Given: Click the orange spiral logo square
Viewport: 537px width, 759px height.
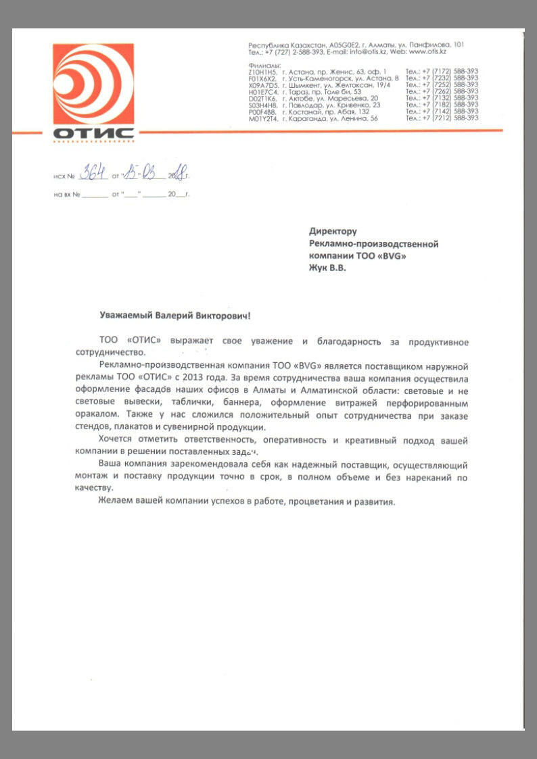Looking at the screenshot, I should pyautogui.click(x=93, y=84).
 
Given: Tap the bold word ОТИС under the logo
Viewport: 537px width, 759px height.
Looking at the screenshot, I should pyautogui.click(x=93, y=133).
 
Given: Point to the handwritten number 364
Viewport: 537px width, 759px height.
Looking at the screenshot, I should pyautogui.click(x=93, y=174).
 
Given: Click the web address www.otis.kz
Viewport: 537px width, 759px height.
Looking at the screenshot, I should pyautogui.click(x=427, y=51).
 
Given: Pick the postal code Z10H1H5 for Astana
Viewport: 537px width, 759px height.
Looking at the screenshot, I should pyautogui.click(x=263, y=71).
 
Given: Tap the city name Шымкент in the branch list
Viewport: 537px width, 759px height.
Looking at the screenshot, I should pyautogui.click(x=306, y=84).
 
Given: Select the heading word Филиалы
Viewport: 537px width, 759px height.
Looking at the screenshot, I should pyautogui.click(x=264, y=64).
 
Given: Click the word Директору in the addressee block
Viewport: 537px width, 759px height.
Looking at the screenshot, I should pyautogui.click(x=333, y=232).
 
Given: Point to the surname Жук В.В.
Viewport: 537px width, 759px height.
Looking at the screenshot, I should pyautogui.click(x=327, y=268).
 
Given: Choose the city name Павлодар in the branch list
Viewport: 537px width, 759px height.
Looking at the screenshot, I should pyautogui.click(x=305, y=105).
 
